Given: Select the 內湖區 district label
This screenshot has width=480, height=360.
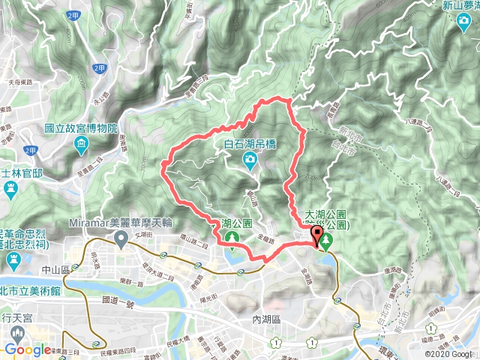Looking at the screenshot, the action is coord(265,319).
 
